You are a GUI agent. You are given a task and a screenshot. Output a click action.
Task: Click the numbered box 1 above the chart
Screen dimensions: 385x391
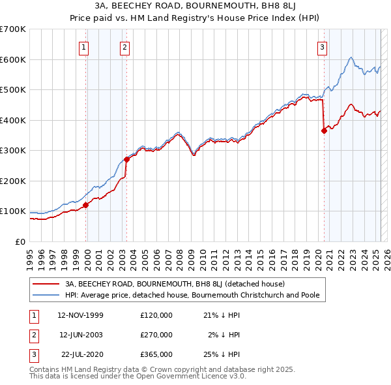click(85, 46)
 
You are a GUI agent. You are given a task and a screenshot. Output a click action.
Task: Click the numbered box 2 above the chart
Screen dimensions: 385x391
click(124, 46)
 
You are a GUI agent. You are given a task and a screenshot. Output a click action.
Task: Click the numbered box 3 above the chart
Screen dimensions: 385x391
click(323, 46)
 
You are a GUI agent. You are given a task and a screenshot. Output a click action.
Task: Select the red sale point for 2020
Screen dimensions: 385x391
click(324, 131)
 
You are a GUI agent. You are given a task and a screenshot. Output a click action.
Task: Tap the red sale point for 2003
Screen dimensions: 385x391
click(126, 159)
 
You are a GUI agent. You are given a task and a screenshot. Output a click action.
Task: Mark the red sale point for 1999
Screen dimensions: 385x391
click(85, 205)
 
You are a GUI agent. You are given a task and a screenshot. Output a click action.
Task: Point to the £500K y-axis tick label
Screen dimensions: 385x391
click(13, 89)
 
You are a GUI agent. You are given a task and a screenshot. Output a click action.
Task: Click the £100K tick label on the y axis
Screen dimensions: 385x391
click(13, 211)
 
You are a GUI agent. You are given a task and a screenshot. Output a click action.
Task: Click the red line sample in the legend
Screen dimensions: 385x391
click(46, 284)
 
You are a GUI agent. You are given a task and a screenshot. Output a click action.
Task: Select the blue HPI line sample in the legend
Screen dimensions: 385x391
click(46, 295)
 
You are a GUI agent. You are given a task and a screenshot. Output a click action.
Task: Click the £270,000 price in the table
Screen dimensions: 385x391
click(156, 335)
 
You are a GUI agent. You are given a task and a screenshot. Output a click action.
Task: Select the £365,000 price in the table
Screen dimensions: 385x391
click(156, 354)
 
